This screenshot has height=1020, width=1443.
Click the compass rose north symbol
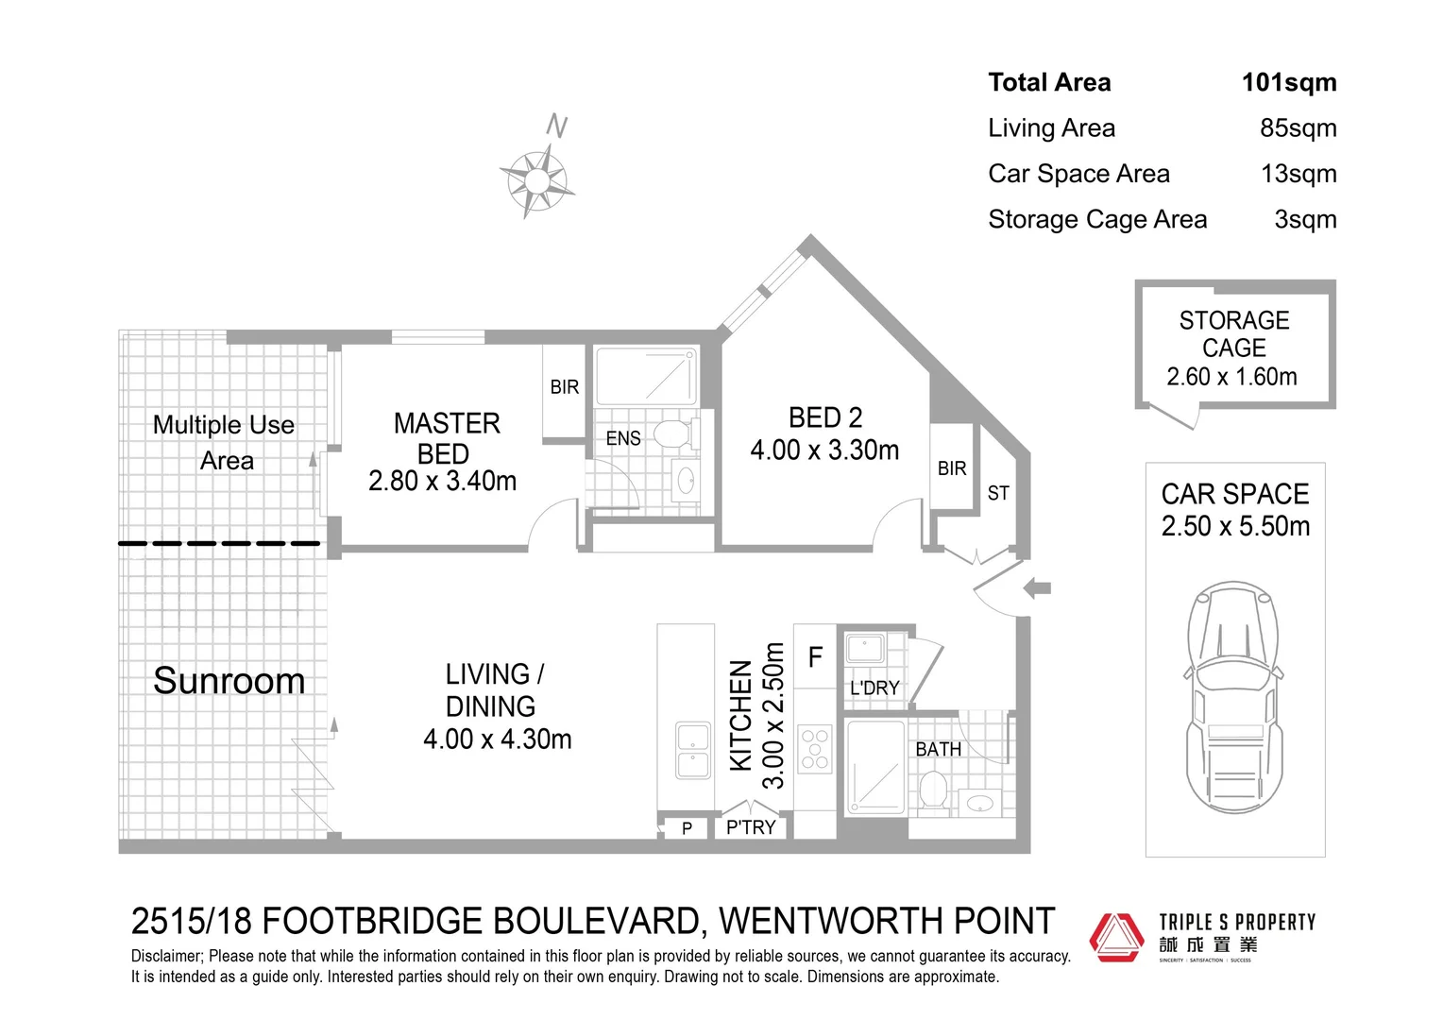(537, 178)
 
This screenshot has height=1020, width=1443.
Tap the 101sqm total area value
(1288, 83)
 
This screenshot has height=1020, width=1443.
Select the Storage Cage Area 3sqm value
(1305, 220)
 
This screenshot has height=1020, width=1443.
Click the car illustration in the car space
(1234, 696)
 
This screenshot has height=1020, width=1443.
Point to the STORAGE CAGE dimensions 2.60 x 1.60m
(1231, 377)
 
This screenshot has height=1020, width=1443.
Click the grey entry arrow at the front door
(1038, 588)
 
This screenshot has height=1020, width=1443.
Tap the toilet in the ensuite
(671, 434)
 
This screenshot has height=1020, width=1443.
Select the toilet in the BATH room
(933, 790)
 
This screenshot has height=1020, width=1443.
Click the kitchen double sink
(693, 751)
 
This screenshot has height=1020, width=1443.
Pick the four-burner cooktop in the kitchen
(814, 749)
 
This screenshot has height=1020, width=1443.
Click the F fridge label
(816, 656)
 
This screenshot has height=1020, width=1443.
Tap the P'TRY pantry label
(751, 827)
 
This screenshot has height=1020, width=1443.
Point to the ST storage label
(998, 493)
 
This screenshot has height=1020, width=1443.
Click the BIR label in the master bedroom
(565, 387)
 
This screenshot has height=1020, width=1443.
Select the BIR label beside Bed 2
(952, 468)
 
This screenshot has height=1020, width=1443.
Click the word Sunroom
(229, 681)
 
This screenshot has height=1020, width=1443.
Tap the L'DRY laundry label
(874, 688)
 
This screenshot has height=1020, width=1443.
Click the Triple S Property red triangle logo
(1117, 937)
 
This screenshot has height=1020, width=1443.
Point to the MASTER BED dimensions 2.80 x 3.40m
(443, 482)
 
